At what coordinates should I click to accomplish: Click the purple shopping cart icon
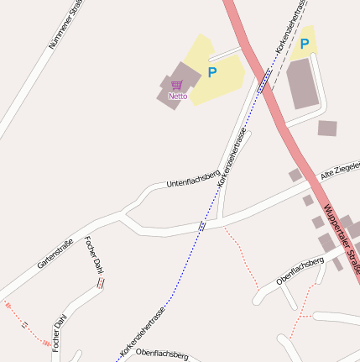click(x=177, y=85)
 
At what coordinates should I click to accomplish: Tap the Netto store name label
click(x=178, y=96)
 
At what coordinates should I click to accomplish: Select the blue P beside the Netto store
click(x=211, y=73)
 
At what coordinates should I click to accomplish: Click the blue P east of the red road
click(x=304, y=44)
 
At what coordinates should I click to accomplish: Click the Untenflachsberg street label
click(x=192, y=176)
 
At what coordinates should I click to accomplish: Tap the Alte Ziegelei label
click(x=340, y=171)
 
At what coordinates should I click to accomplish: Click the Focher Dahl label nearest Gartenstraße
click(x=93, y=254)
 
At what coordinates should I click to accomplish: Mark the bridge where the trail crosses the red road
click(x=263, y=81)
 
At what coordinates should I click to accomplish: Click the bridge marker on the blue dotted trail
click(x=202, y=226)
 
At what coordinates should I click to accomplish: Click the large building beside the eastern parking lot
click(x=302, y=83)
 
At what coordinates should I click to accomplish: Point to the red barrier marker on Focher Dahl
click(x=101, y=283)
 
